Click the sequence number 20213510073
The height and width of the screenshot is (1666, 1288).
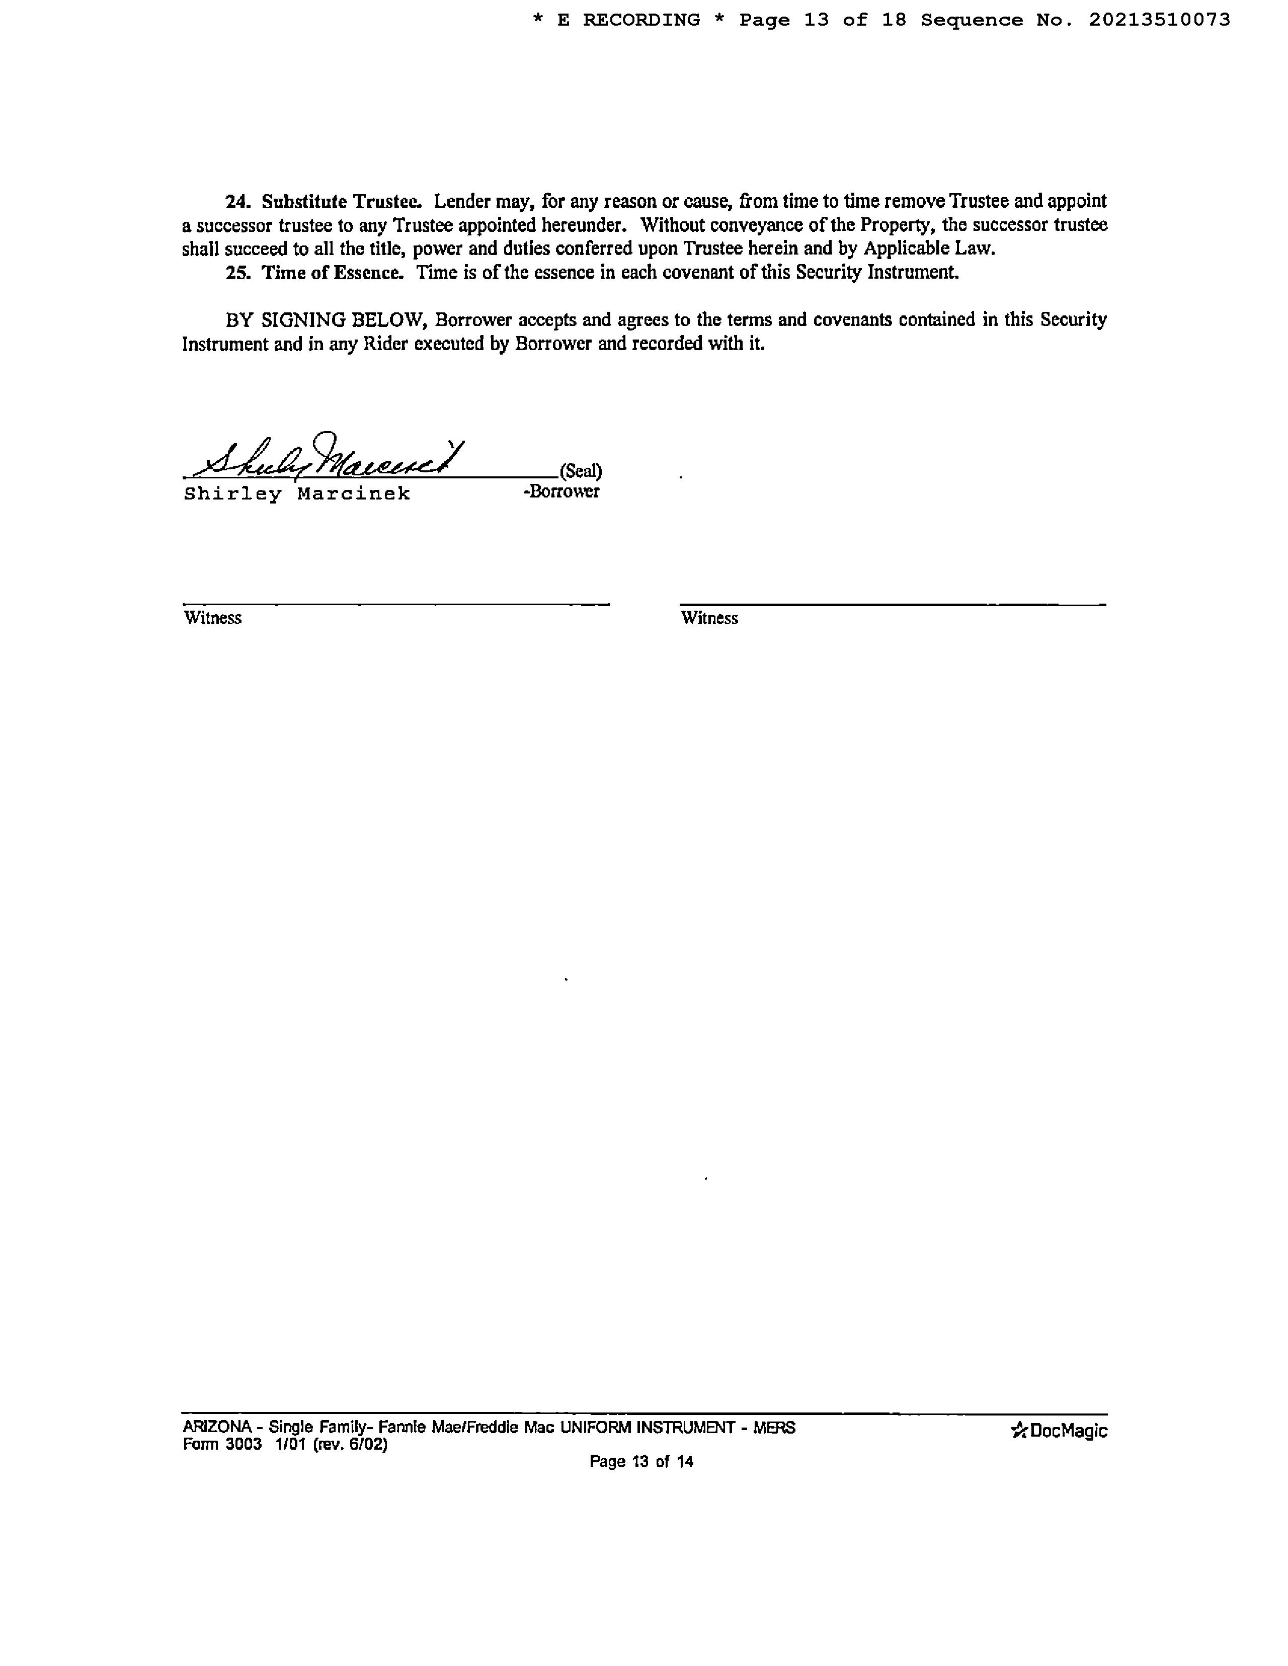tap(1159, 20)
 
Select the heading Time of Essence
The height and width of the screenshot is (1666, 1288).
tap(333, 272)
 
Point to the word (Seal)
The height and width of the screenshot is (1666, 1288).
tap(581, 471)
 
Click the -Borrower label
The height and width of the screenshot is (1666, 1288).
tap(561, 491)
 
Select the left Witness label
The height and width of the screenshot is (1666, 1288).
tap(213, 618)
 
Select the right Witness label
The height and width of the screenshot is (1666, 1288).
tap(709, 618)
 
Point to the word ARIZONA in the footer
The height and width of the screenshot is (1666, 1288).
tap(217, 1427)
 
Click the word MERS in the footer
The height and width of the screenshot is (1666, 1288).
tap(774, 1427)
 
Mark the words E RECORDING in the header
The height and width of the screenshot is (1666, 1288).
tap(629, 20)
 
